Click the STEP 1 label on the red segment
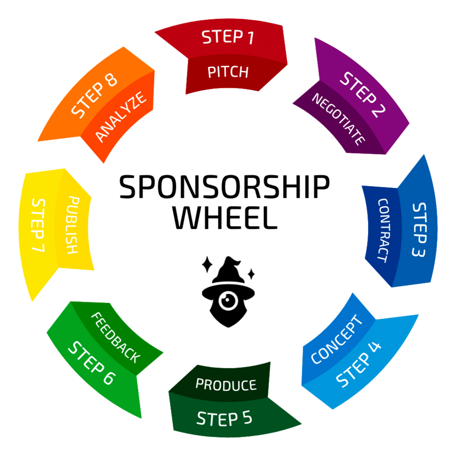(228, 37)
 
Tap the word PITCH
(228, 72)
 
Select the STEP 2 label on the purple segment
(362, 94)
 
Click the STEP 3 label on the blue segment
(419, 230)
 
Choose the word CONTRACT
(383, 230)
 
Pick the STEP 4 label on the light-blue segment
(358, 364)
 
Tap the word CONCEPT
(337, 339)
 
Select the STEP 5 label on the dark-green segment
(224, 419)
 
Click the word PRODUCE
(226, 384)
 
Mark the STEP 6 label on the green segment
(91, 363)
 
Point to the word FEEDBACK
(116, 338)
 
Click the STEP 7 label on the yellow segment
(38, 225)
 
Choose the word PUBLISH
(72, 225)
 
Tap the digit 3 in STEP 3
(419, 252)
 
